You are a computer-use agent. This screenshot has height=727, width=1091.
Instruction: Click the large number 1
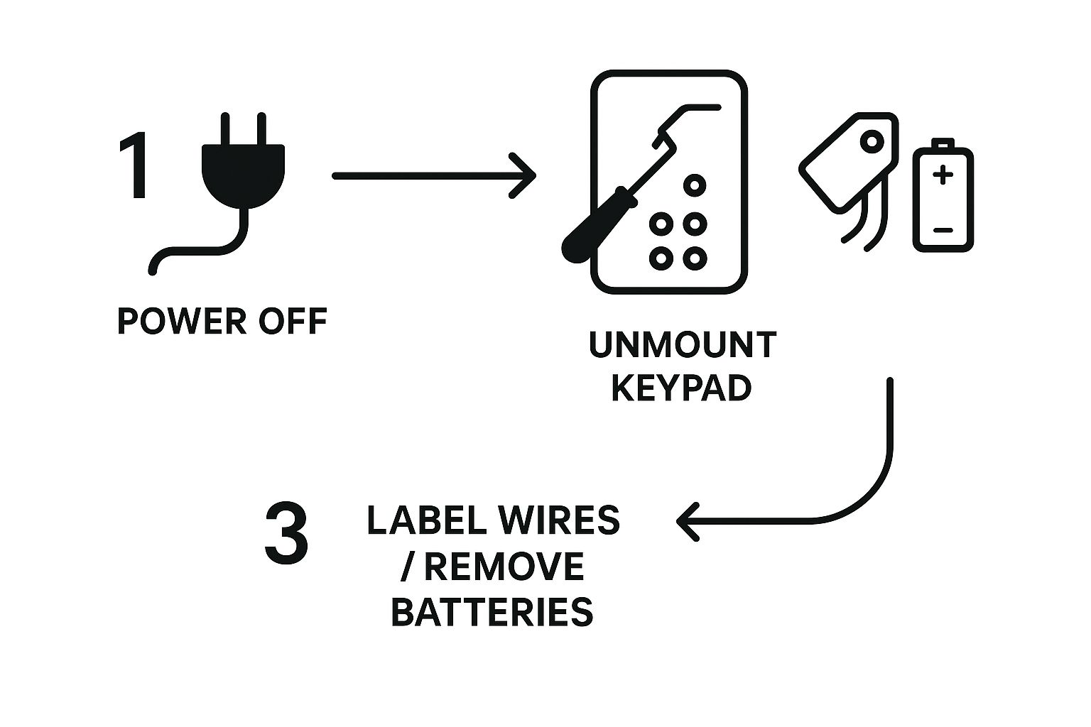pos(136,165)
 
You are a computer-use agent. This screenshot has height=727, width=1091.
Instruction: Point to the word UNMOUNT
pos(682,346)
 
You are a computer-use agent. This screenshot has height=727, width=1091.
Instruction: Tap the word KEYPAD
pos(681,388)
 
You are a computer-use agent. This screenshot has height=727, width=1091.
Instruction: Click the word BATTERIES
pos(492,612)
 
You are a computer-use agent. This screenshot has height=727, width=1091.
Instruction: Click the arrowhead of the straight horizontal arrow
pos(526,176)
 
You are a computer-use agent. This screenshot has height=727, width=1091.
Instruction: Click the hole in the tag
pos(872,143)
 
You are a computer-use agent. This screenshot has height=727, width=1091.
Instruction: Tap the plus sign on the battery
pos(943,174)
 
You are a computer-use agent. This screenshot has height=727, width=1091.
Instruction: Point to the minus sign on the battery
pos(943,230)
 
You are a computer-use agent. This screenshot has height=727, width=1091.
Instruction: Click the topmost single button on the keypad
pos(694,186)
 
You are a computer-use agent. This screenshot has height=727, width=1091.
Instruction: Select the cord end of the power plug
pos(152,270)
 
